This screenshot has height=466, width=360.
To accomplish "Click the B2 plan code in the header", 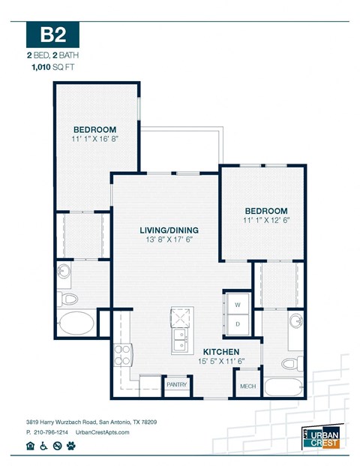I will (x=52, y=35).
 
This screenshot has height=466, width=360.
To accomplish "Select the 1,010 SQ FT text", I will (x=52, y=67).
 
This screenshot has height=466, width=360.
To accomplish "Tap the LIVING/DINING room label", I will (x=166, y=230).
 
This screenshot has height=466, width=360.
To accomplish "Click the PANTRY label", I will (x=176, y=385).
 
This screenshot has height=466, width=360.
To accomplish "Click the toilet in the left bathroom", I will (x=69, y=299).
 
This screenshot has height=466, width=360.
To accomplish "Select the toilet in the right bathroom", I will (x=293, y=363).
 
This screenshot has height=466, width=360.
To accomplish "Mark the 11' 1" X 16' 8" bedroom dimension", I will (x=95, y=139).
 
